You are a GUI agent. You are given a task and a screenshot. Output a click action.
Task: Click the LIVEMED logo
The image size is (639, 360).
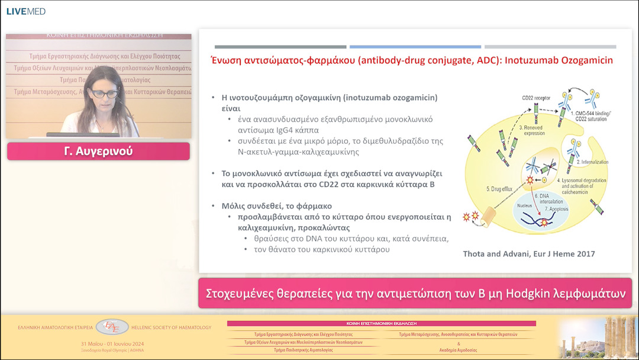[25, 11]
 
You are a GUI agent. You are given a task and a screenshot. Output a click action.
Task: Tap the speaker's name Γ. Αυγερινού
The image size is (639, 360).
[98, 151]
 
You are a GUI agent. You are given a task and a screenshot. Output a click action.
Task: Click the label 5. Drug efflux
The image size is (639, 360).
[500, 189]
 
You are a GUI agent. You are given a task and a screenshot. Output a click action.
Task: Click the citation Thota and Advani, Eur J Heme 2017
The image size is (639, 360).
[528, 254]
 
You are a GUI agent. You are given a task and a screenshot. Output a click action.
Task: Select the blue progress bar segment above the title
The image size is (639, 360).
[415, 47]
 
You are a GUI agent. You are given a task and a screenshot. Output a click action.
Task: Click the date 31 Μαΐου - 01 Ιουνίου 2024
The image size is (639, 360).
[112, 344]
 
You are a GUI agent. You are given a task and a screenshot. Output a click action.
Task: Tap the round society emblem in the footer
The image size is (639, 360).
[112, 326]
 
